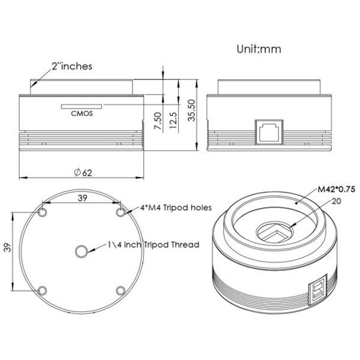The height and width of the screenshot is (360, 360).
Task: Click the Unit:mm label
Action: click(259, 49)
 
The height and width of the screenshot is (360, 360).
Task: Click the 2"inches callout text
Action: click(72, 67)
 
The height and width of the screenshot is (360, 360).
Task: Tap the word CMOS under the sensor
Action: click(82, 113)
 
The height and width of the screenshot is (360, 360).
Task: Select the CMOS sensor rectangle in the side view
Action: click(82, 107)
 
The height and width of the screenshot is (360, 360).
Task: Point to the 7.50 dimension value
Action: click(158, 121)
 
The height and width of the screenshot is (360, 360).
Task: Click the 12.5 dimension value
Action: click(173, 120)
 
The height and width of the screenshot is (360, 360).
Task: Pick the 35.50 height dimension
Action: click(191, 110)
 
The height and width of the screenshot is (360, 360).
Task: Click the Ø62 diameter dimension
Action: click(83, 172)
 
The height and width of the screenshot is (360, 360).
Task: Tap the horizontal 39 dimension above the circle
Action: click(82, 198)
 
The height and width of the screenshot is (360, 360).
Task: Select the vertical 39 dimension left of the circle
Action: click(8, 247)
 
